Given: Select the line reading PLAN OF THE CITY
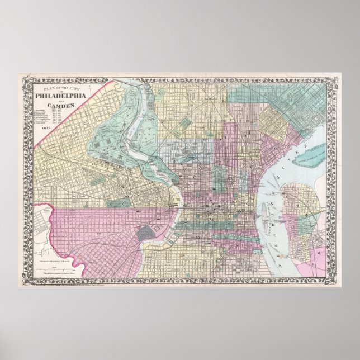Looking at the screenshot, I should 60,88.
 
